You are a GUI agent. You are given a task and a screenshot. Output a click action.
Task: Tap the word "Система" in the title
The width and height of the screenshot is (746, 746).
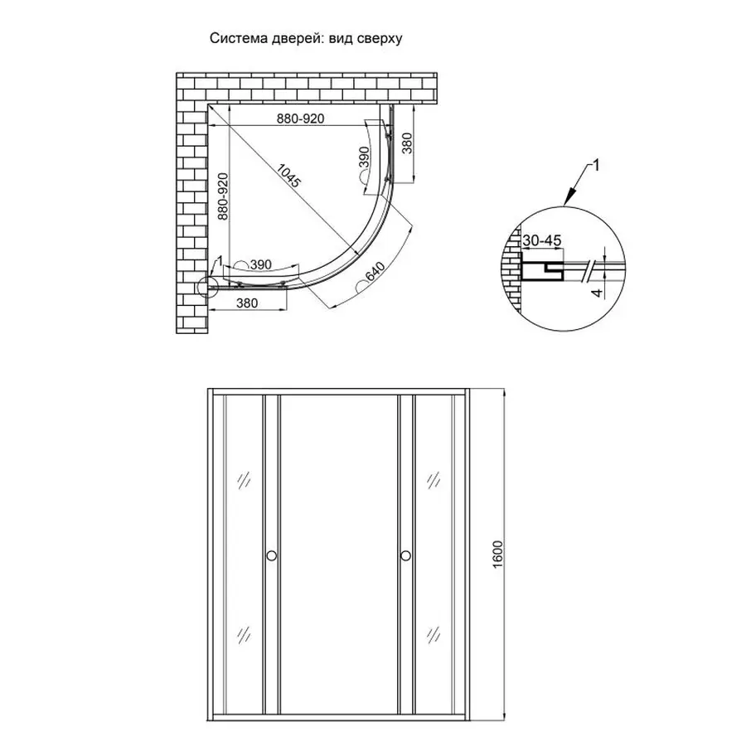click(233, 38)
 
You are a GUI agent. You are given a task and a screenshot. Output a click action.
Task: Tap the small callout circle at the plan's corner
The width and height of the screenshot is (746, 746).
click(206, 288)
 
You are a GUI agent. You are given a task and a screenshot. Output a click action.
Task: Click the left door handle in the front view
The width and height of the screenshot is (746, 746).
click(270, 556)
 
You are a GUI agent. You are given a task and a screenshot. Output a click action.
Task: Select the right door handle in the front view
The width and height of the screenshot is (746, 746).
click(405, 556)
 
